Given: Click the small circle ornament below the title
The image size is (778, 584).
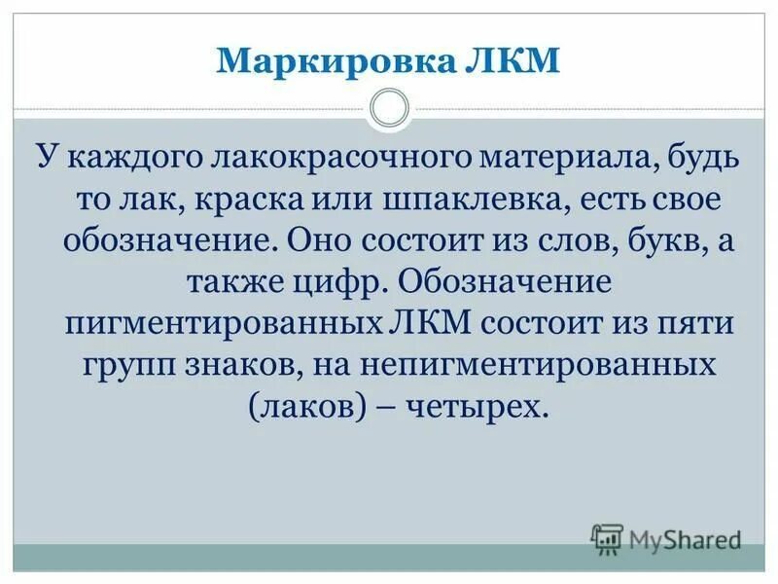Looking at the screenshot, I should pos(389,108).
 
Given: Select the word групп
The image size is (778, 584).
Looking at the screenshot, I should pos(118,366).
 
